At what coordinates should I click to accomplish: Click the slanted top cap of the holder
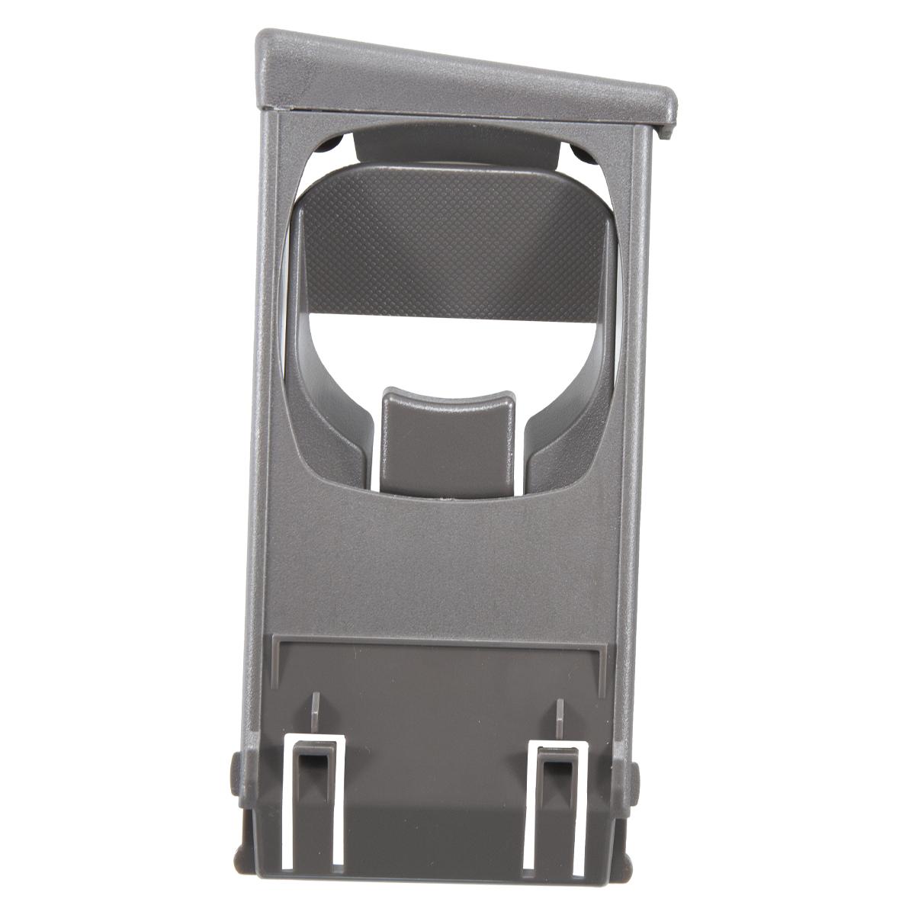[457, 76]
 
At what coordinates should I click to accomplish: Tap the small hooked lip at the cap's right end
[669, 122]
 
